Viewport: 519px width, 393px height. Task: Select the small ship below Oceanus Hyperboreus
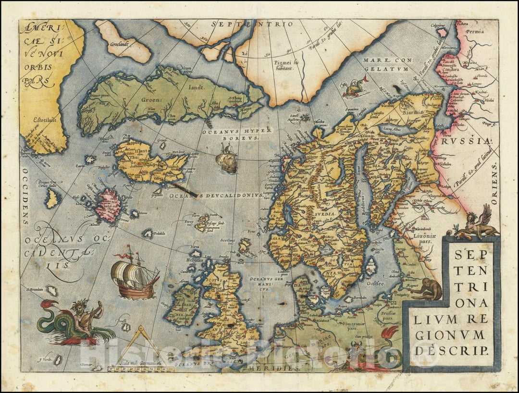pyautogui.click(x=227, y=158)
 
